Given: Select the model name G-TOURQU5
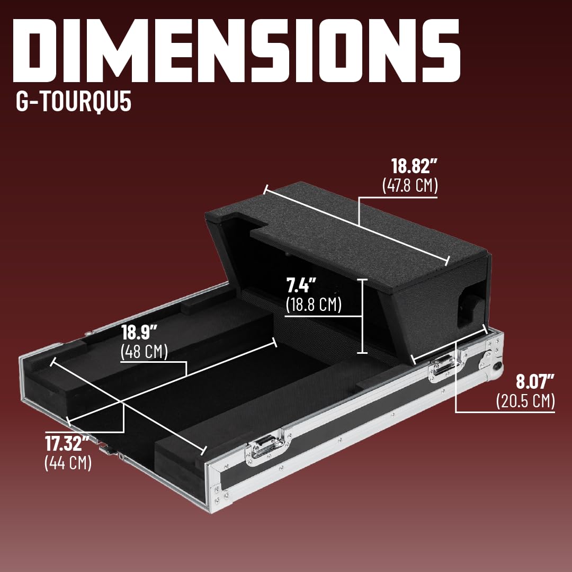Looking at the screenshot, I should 74,103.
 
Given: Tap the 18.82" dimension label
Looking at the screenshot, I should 414,166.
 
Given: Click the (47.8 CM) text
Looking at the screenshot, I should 410,186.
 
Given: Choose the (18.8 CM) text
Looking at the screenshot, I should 313,305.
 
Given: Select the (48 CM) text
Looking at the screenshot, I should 144,352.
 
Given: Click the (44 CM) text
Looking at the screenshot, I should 68,462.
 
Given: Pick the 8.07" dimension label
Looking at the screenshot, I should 535,381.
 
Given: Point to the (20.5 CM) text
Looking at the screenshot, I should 525,401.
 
